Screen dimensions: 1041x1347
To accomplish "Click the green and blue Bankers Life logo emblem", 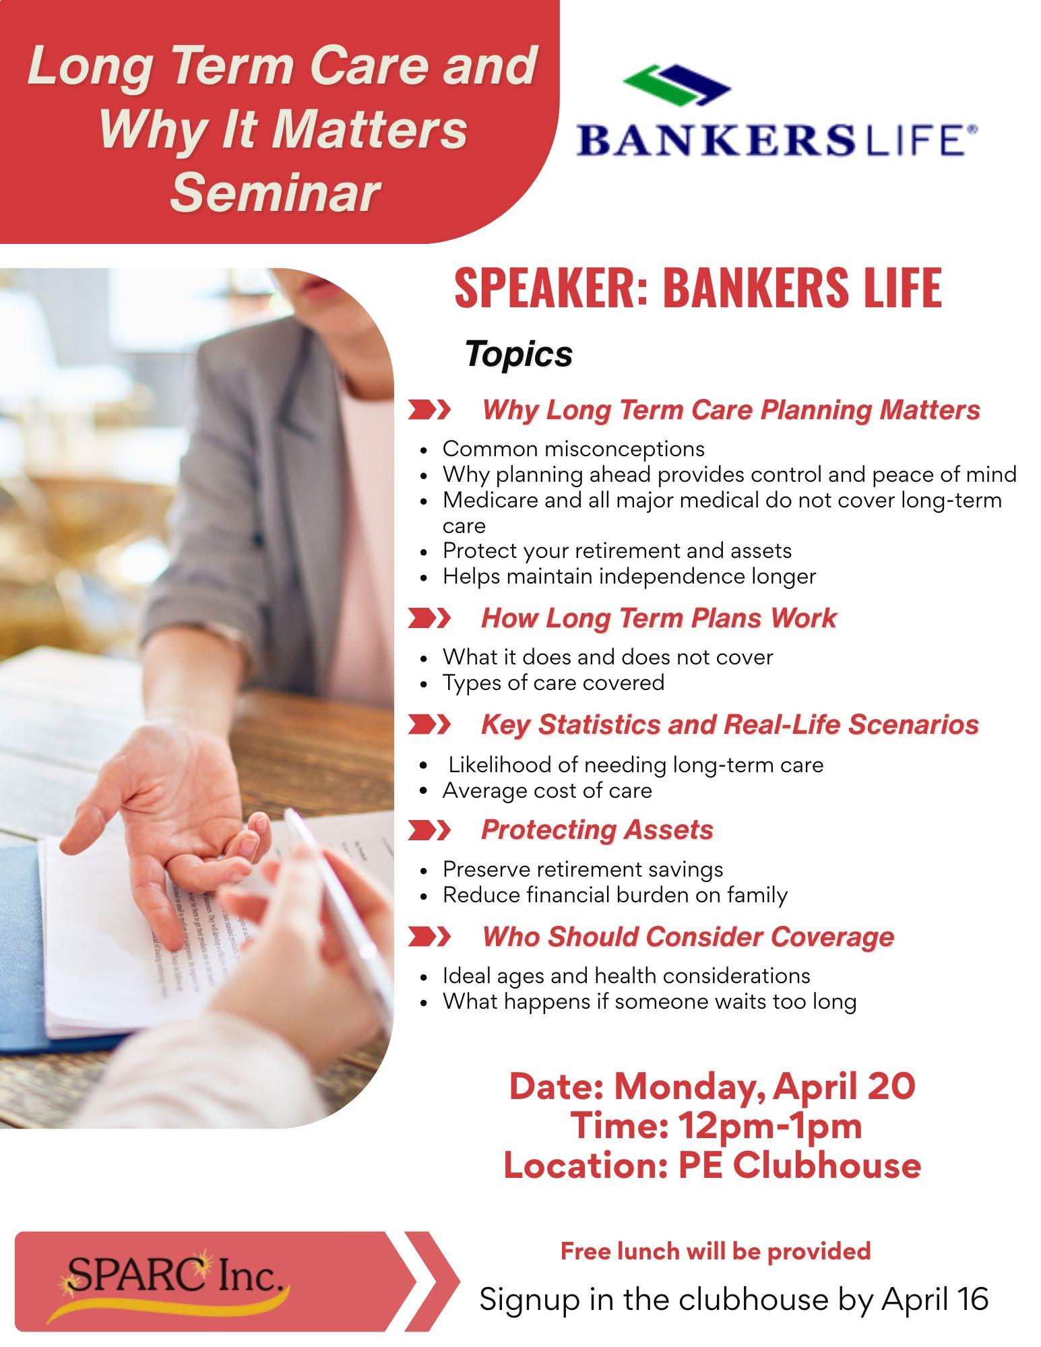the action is click(676, 86).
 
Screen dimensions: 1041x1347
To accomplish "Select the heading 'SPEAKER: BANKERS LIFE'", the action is click(697, 287).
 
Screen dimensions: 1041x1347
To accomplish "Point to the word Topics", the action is click(519, 354).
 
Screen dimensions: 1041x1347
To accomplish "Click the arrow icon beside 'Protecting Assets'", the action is click(429, 831).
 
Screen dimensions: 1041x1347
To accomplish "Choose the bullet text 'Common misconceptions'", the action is click(573, 449).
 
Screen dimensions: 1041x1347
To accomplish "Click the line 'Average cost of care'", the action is click(547, 790).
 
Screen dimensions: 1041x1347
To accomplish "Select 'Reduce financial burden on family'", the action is click(615, 896).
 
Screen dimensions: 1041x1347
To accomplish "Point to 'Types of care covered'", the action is click(553, 683).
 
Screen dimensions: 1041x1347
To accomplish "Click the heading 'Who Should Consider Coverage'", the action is click(688, 937).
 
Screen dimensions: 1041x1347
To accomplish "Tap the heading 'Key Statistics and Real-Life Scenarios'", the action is click(730, 725).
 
